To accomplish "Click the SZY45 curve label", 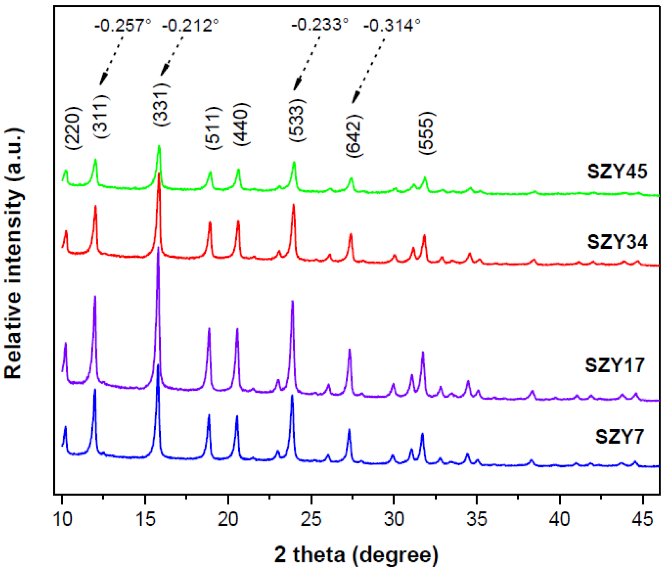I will (617, 171).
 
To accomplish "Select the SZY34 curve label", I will (617, 242).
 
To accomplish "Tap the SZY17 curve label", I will (615, 365).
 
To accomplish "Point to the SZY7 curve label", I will (619, 437).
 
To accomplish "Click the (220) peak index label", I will (73, 128).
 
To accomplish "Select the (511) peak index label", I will (213, 128).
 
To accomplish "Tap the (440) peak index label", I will (242, 124).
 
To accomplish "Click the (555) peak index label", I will (427, 133).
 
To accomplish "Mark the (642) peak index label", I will (354, 136).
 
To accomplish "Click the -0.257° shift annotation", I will (123, 26).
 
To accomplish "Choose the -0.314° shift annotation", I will (392, 26).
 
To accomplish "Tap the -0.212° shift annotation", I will (190, 26).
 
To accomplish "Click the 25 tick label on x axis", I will (311, 519).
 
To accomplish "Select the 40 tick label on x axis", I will (560, 519).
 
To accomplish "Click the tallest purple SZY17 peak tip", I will (158, 248).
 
